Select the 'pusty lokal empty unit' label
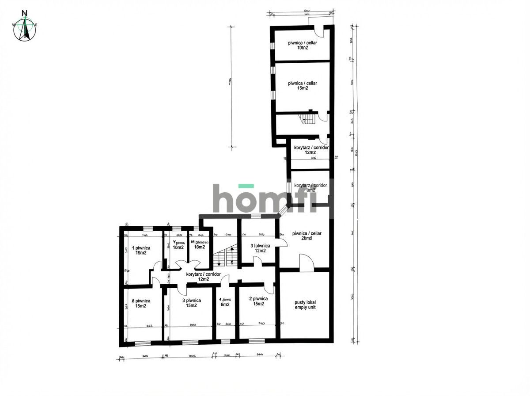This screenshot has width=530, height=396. coord(305,305)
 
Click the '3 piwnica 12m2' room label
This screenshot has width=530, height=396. coord(260,248)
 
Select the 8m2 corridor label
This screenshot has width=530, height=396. coord(310,188)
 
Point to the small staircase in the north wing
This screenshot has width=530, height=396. coord(307,118)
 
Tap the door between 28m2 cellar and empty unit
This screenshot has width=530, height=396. coord(306,263)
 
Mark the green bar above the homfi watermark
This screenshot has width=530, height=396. coord(246,186)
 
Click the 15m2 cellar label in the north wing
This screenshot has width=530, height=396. coord(302,85)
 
